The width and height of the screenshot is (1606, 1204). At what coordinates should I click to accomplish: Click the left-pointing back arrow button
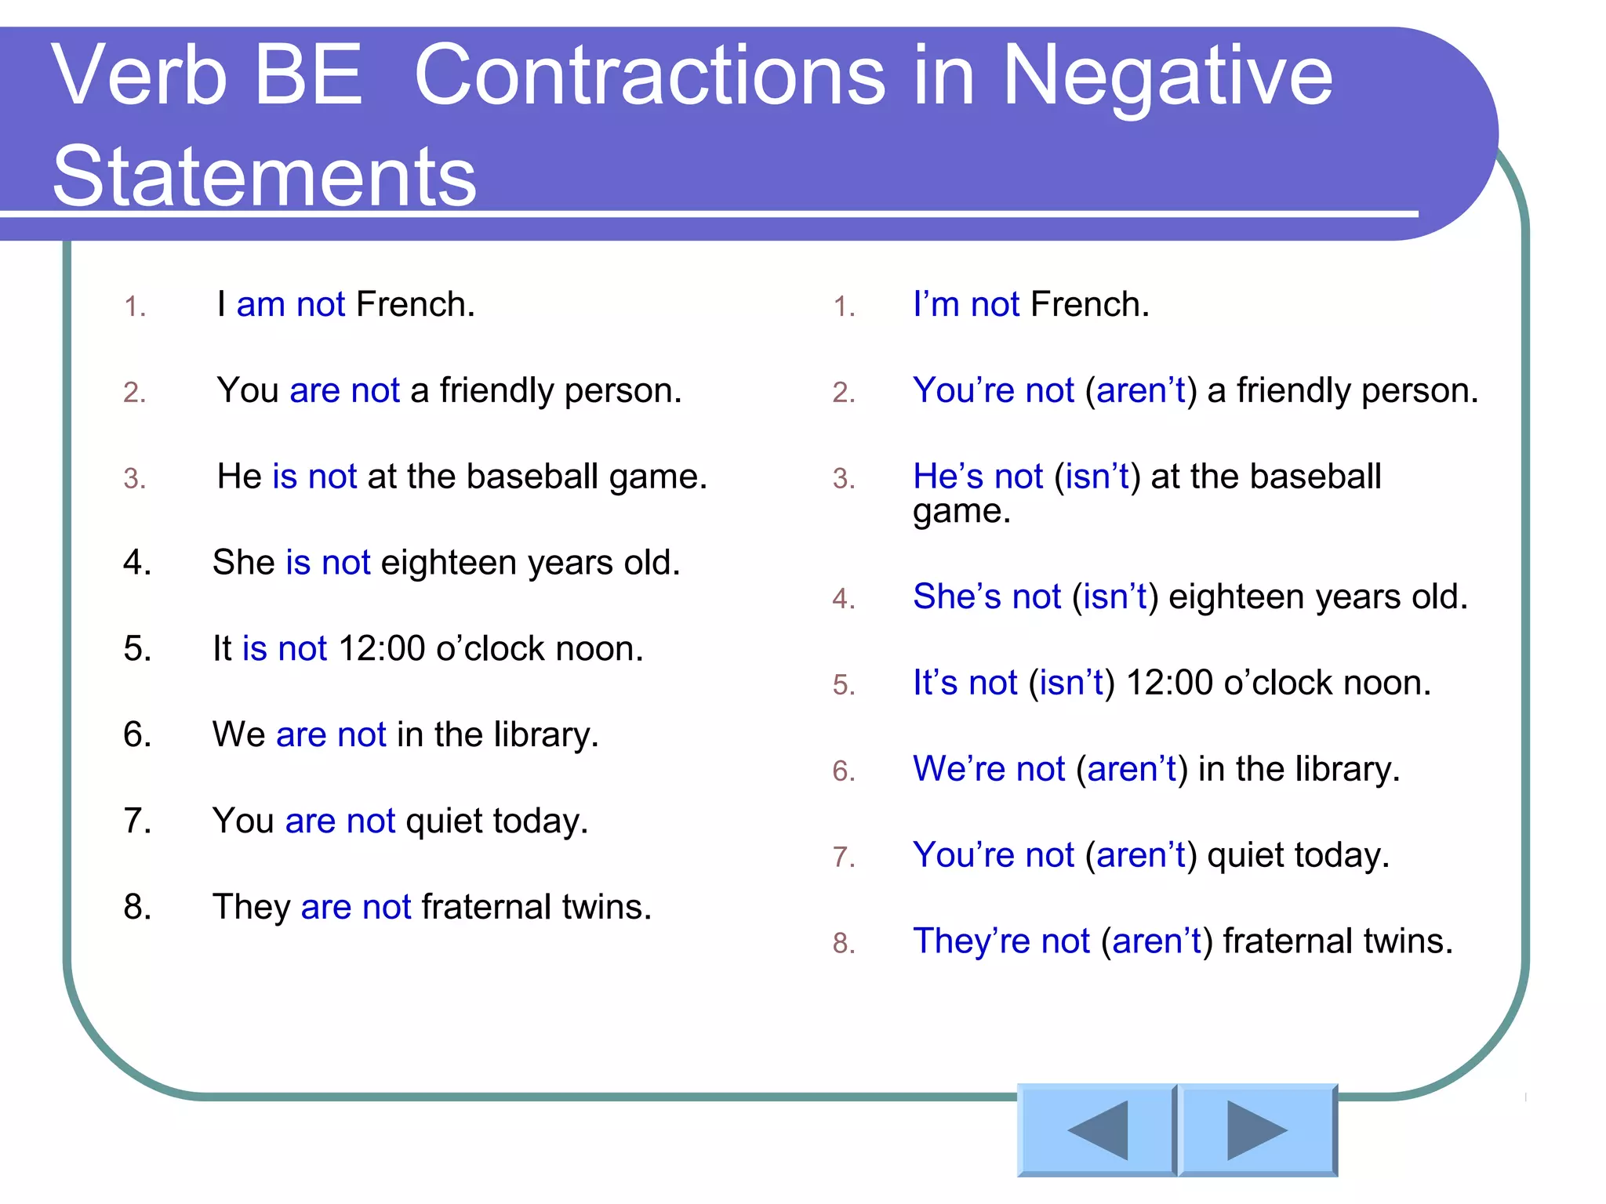tap(1096, 1130)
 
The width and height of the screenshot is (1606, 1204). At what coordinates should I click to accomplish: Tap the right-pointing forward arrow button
tap(1257, 1130)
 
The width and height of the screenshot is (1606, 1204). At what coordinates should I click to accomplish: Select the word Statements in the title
tap(264, 176)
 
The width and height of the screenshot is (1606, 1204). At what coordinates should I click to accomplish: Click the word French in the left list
tap(415, 304)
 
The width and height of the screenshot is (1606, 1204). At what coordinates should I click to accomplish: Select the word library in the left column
tap(546, 735)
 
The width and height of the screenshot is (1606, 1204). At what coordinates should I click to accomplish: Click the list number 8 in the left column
tap(136, 907)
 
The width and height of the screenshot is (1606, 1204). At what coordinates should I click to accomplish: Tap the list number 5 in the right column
tap(843, 685)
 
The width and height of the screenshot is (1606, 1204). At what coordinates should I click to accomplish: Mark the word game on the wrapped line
tap(961, 512)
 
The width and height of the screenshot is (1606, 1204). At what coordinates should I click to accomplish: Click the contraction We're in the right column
tap(958, 769)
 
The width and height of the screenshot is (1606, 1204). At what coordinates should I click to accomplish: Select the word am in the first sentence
tap(260, 304)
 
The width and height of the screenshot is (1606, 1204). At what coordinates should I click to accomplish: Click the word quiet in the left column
tap(444, 821)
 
